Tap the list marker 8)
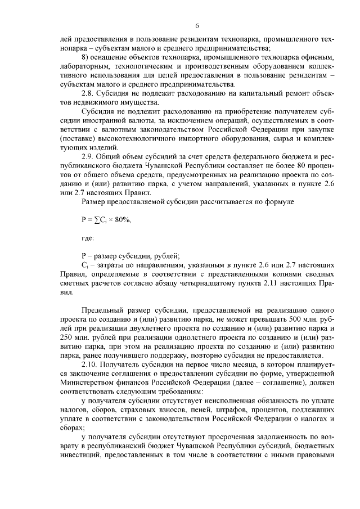pyautogui.click(x=86, y=58)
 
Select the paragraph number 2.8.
pyautogui.click(x=87, y=92)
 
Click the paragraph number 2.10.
pyautogui.click(x=89, y=364)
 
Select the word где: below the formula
pyautogui.click(x=88, y=237)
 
